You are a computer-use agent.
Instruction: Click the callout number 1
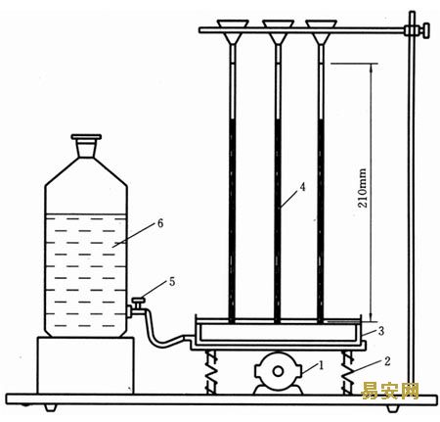pos(321,365)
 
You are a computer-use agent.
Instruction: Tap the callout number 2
pos(387,361)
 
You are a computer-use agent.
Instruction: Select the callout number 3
pos(381,331)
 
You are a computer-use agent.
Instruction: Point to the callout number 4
pos(303,187)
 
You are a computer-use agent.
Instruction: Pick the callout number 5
pos(172,282)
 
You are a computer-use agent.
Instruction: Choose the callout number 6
pos(160,223)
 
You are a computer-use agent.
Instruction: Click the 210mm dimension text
pos(363,188)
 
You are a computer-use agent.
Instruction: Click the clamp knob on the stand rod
pos(423,30)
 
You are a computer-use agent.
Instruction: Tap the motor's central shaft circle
pos(278,371)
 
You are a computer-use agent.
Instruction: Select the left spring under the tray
pos(212,371)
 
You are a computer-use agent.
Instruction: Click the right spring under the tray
pos(348,371)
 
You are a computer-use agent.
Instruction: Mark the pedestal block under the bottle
pos(85,365)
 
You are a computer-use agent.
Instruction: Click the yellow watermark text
pos(390,391)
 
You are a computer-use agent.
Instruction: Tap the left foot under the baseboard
pos(51,408)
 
